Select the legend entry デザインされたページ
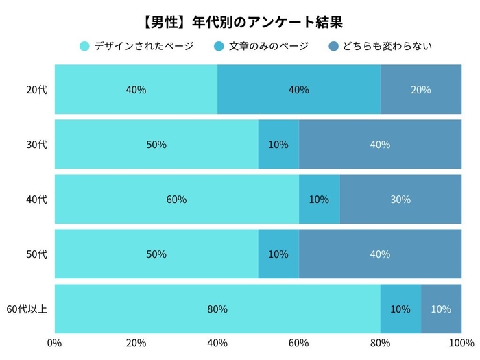pos(143,47)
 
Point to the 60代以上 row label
pos(27,309)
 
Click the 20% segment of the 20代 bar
pos(421,90)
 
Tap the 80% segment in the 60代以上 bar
pos(217,309)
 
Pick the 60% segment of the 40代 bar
pos(176,200)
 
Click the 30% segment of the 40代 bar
pos(400,200)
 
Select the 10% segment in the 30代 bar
pos(278,145)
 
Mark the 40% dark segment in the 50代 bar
pos(380,254)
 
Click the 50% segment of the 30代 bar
pos(156,145)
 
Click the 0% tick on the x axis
pos(55,343)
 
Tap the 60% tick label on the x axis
pos(299,343)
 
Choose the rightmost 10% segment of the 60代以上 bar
pos(441,309)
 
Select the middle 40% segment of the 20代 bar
pos(299,90)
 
